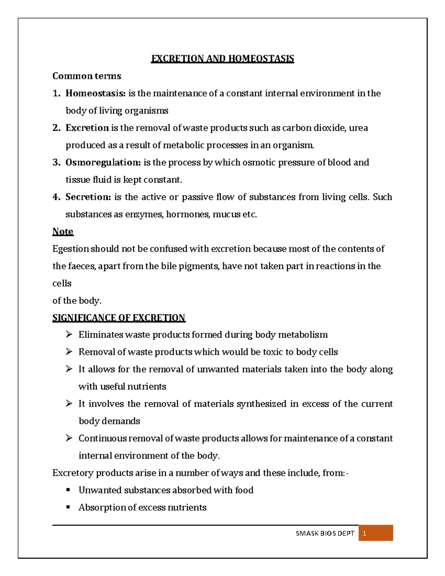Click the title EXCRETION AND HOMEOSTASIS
[x=222, y=59]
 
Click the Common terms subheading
[x=87, y=76]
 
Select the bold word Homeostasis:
[x=96, y=93]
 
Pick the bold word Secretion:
[x=88, y=197]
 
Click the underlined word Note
[x=63, y=231]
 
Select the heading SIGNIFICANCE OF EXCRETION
[x=119, y=318]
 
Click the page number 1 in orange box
[x=365, y=533]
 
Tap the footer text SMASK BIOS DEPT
[x=325, y=533]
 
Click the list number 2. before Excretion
[x=56, y=128]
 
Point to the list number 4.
[x=56, y=197]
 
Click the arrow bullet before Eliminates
[x=69, y=335]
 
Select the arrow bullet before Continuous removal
[x=69, y=438]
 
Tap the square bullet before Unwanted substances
[x=68, y=490]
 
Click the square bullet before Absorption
[x=68, y=507]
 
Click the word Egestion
[x=70, y=249]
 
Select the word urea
[x=359, y=128]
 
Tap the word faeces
[x=82, y=266]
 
